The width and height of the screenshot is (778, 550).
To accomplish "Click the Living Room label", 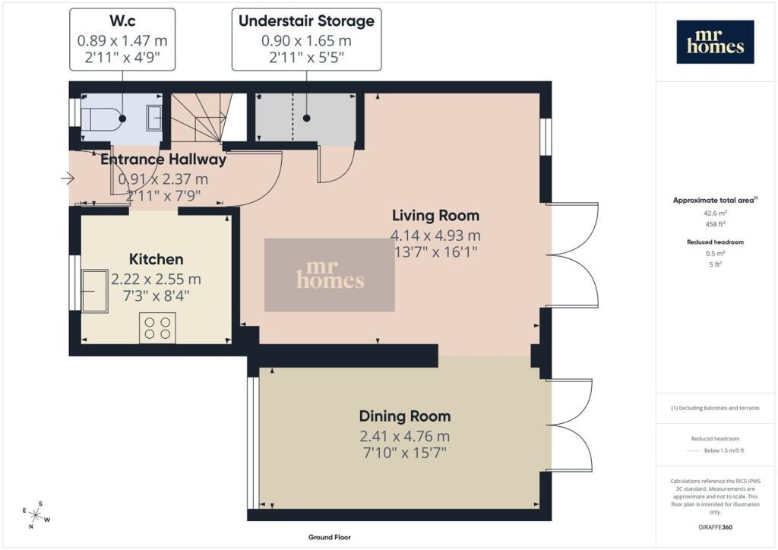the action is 435,215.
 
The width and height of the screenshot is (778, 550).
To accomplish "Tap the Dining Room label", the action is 405,416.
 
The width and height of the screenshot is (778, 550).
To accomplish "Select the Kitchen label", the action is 157,259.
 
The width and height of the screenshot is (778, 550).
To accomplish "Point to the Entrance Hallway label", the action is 163,160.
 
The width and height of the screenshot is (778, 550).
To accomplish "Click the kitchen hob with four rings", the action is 157,328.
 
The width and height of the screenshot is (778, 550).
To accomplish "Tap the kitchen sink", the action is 95,291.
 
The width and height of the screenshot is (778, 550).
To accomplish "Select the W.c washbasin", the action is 153,119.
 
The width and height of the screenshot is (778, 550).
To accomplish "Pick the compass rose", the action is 36,515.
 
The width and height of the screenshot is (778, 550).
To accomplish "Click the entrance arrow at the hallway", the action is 68,178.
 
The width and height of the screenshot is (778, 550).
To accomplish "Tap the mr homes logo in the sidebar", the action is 715,42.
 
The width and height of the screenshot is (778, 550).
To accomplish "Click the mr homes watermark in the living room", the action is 330,275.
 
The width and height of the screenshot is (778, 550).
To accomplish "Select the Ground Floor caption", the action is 330,537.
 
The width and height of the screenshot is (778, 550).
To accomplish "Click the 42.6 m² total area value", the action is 715,213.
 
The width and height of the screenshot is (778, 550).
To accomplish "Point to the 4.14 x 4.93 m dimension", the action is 435,235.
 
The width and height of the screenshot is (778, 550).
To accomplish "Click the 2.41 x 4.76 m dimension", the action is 405,436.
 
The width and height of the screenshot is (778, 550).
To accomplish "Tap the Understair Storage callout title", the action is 307,21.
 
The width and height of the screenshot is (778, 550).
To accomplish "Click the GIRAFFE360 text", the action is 715,527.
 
